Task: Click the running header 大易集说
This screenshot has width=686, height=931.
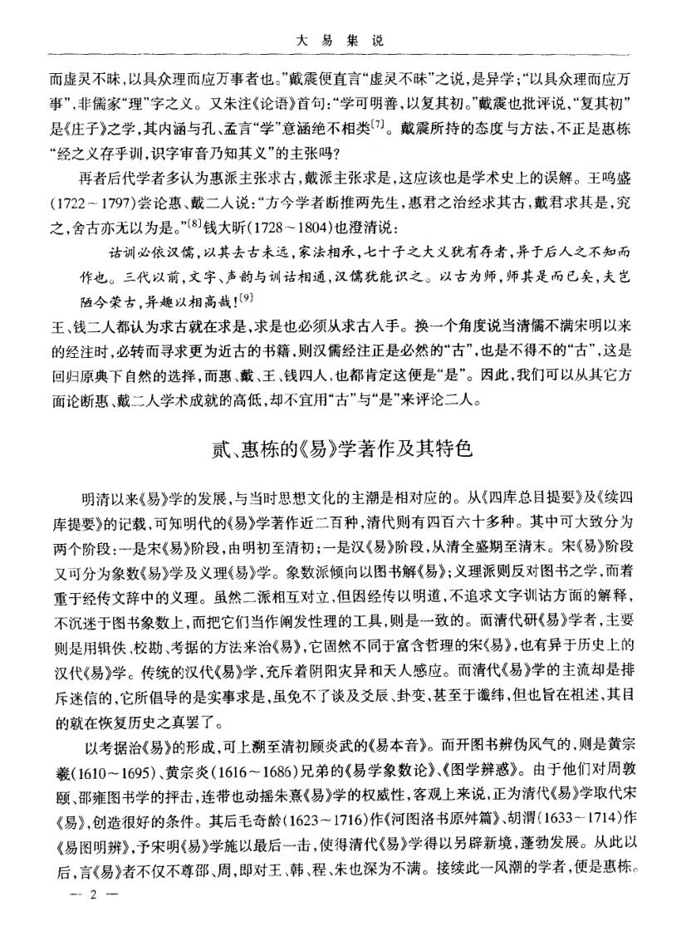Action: click(x=342, y=38)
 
